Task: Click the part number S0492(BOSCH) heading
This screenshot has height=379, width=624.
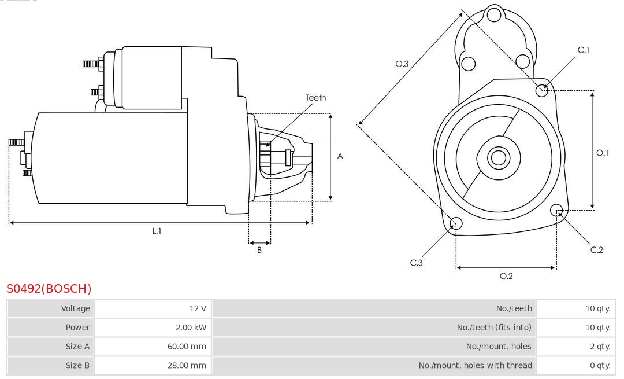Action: pos(49,288)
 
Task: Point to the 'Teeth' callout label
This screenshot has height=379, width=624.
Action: pos(315,98)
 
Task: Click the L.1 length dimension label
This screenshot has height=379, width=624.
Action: pos(157,231)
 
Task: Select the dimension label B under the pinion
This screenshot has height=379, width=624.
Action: pos(259,251)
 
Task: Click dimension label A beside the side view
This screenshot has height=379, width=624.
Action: pos(340,156)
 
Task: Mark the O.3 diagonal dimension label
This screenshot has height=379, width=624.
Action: pos(402,64)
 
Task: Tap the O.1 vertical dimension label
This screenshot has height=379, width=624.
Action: pos(602,153)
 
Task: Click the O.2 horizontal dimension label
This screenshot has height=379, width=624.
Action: pos(506,276)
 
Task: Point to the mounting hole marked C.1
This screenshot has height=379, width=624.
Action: pos(542,90)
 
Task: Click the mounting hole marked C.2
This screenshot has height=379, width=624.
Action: pos(557,209)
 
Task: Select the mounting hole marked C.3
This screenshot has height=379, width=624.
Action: pos(456,223)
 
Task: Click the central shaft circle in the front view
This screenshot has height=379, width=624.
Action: pos(497,157)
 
